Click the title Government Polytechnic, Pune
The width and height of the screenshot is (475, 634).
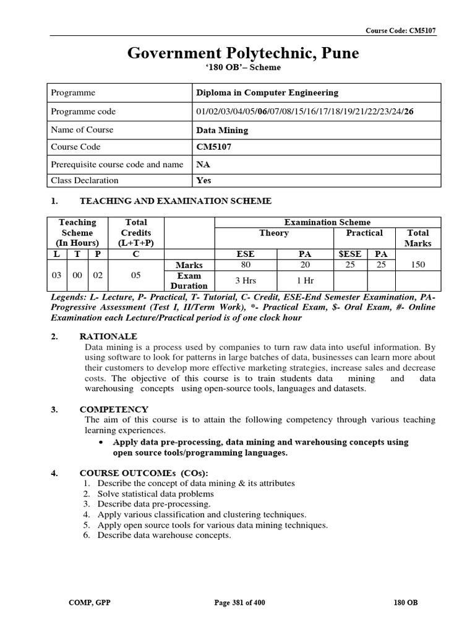coord(243,54)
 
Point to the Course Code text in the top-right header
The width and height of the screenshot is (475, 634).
coord(400,30)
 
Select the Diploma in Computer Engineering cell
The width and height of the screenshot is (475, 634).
coord(267,93)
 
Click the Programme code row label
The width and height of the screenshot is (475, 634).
coord(83,111)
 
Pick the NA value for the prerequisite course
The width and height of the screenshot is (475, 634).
coord(202,165)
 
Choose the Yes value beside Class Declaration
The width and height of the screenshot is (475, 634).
coord(203,181)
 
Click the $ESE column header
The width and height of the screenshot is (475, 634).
coord(351,254)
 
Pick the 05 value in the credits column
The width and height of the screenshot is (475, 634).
coord(136,270)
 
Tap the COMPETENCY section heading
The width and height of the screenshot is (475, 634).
coord(114,409)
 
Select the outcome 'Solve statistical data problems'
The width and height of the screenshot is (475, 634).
coord(156,494)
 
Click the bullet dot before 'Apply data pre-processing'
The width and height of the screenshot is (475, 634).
coord(101,443)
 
